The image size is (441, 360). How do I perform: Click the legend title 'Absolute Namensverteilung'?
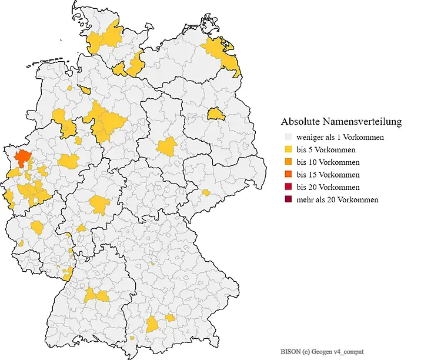click(x=341, y=122)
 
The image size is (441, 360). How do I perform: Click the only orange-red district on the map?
click(x=23, y=157)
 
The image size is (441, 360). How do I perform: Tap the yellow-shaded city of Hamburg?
click(x=120, y=69)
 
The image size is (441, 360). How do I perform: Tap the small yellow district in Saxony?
click(x=205, y=192)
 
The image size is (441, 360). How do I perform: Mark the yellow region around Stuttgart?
click(x=97, y=295)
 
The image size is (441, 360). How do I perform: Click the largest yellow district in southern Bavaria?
click(x=153, y=324)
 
